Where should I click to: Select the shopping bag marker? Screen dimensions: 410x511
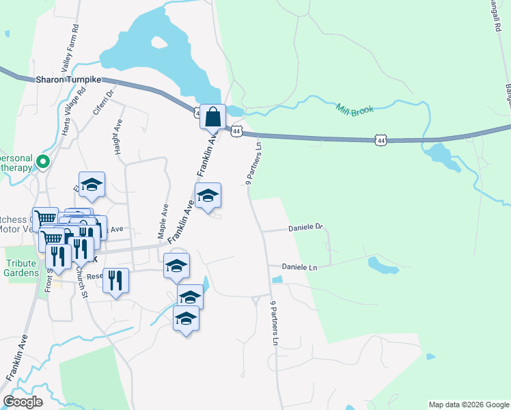(x=212, y=116)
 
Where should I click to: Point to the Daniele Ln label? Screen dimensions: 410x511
(x=299, y=267)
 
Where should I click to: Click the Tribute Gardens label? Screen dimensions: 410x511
(x=22, y=268)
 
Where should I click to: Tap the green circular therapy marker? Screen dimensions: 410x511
(x=44, y=162)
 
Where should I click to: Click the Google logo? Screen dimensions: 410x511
(x=23, y=401)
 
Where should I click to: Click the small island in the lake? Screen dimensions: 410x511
(x=159, y=42)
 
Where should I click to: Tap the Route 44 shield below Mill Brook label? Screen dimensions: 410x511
(x=380, y=140)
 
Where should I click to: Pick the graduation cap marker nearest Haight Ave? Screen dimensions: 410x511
(x=92, y=184)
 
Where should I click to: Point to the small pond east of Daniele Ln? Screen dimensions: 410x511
(x=382, y=265)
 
